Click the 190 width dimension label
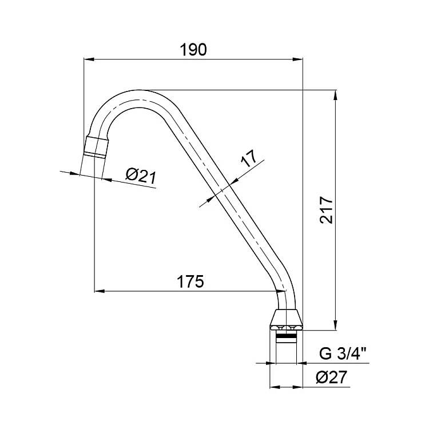click(x=193, y=50)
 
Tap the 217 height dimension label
click(x=327, y=209)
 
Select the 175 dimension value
click(x=190, y=281)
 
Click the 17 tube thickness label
click(x=249, y=158)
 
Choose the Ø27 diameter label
click(x=331, y=378)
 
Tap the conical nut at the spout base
click(x=286, y=320)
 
